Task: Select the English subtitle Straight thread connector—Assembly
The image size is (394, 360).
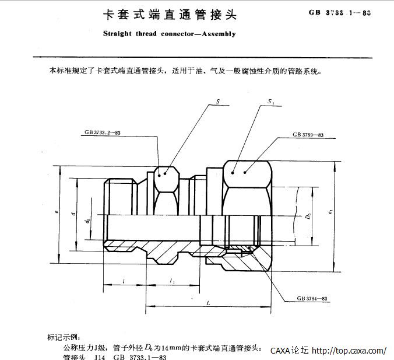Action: pyautogui.click(x=169, y=34)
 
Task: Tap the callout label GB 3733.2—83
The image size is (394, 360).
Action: pyautogui.click(x=102, y=134)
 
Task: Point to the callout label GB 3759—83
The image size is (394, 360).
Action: pyautogui.click(x=308, y=135)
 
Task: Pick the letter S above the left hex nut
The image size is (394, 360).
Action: pyautogui.click(x=217, y=102)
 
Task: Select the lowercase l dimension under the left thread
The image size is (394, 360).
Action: pyautogui.click(x=125, y=281)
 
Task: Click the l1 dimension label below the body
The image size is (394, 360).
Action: pyautogui.click(x=172, y=281)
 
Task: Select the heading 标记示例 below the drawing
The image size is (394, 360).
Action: pyautogui.click(x=65, y=337)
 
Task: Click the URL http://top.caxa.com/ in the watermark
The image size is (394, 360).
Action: pyautogui.click(x=349, y=351)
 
